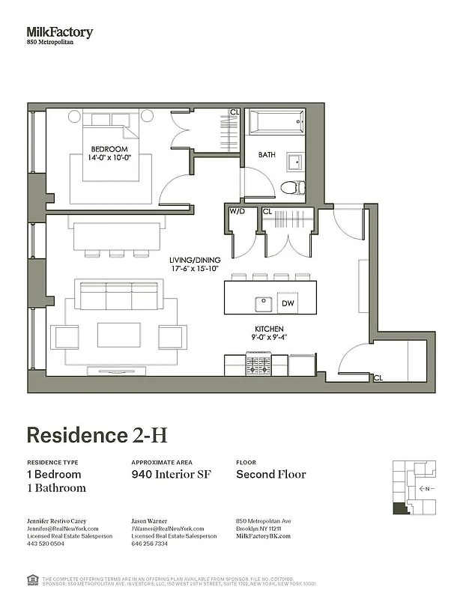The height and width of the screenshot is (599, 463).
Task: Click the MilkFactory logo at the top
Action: [x=60, y=32]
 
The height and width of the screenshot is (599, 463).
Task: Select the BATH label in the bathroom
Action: [x=267, y=156]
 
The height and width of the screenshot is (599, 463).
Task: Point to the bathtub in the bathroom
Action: [x=276, y=122]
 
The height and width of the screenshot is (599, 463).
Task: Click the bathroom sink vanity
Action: [x=296, y=160]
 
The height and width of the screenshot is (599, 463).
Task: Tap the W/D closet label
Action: [x=237, y=212]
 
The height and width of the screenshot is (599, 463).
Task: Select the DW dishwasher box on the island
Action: [x=288, y=303]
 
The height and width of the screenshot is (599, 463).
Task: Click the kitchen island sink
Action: [x=263, y=304]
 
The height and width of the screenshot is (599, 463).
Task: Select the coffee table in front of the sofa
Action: [x=118, y=335]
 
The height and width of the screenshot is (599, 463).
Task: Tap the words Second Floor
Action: [x=271, y=474]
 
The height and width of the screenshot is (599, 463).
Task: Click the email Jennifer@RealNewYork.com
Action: [x=64, y=529]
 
